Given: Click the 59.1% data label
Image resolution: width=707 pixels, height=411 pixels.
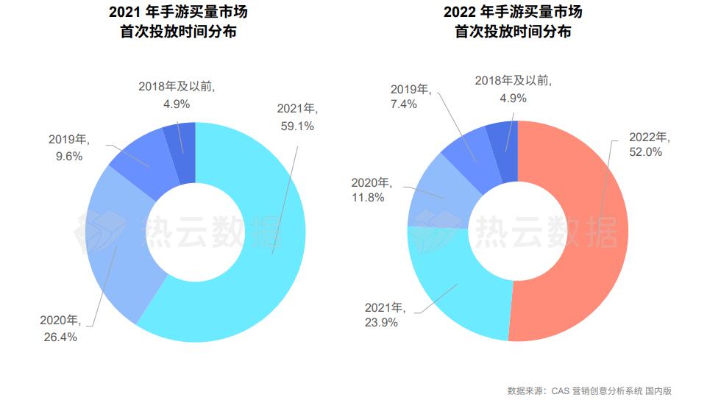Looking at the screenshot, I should tap(296, 126).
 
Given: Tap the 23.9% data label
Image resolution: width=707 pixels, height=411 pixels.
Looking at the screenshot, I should tap(383, 322).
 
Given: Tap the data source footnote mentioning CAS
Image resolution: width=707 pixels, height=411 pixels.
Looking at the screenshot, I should tap(589, 390).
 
